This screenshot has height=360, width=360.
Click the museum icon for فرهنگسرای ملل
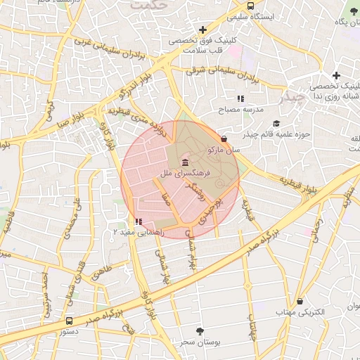[x=175, y=163]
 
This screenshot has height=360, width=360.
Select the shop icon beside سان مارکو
[x=224, y=139]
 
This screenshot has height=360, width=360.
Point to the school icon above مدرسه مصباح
[x=240, y=98]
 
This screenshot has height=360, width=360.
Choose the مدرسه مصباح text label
[x=239, y=110]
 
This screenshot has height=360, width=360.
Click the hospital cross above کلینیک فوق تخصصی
[x=203, y=30]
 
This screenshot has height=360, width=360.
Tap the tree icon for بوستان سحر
[x=200, y=330]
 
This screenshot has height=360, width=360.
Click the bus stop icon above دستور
[x=67, y=320]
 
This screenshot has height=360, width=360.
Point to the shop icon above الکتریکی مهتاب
[x=300, y=301]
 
